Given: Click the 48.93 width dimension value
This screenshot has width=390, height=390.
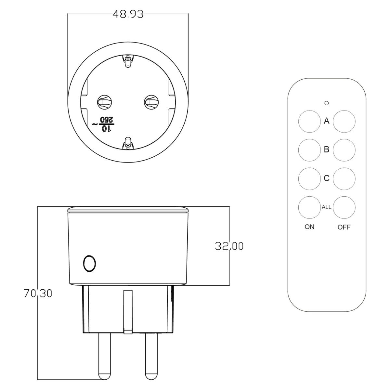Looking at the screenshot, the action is [x=128, y=14].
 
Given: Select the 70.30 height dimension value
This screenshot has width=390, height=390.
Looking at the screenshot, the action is [x=38, y=293].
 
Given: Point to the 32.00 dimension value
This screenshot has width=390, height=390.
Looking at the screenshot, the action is [x=229, y=246].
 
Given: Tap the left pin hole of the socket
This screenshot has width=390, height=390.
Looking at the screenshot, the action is [x=105, y=102].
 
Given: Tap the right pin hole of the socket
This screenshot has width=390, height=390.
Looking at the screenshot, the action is [x=151, y=102].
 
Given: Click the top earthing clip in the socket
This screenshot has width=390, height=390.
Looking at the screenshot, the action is [x=128, y=61].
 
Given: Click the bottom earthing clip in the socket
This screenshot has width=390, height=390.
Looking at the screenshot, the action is [x=128, y=143].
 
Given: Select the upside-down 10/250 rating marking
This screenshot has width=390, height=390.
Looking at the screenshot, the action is [x=104, y=124].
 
